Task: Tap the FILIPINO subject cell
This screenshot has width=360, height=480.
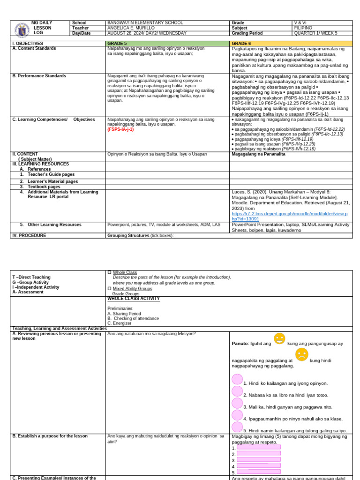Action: [x=303, y=28]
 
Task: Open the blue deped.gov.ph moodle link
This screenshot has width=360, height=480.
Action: [x=289, y=216]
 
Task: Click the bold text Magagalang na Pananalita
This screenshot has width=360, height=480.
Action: [x=258, y=154]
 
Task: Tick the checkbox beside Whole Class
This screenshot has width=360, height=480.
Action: [x=110, y=272]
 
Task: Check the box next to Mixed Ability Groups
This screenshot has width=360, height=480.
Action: [x=110, y=288]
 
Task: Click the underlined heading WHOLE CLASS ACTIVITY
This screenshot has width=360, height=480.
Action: [x=134, y=299]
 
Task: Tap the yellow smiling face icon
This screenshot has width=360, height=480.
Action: [x=279, y=338]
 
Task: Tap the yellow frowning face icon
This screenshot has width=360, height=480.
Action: [x=301, y=354]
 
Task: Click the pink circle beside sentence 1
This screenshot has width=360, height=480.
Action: [x=237, y=380]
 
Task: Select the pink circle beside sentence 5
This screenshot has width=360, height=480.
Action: [x=237, y=427]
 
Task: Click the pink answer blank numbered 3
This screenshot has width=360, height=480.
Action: [x=258, y=459]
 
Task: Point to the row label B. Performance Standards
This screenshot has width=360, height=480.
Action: [x=39, y=76]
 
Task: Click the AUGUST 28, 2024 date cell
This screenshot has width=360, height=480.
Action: [x=147, y=33]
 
